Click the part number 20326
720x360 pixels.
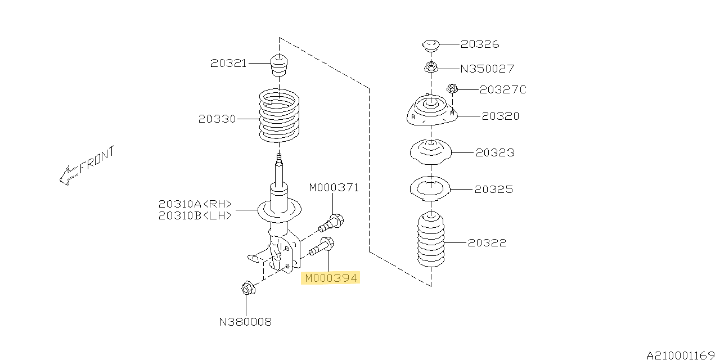pyautogui.click(x=480, y=44)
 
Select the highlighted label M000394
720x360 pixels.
pyautogui.click(x=331, y=278)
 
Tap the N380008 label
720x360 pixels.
pyautogui.click(x=245, y=322)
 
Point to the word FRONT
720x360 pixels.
pyautogui.click(x=97, y=159)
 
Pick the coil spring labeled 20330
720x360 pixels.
pyautogui.click(x=279, y=115)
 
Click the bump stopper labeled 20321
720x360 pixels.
pyautogui.click(x=279, y=66)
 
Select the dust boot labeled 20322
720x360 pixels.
pyautogui.click(x=431, y=239)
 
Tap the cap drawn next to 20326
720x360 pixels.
pyautogui.click(x=431, y=46)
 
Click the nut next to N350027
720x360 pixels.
pyautogui.click(x=431, y=67)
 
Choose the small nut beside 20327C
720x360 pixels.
pyautogui.click(x=452, y=88)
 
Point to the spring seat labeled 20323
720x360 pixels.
pyautogui.click(x=431, y=152)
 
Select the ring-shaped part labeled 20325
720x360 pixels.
pyautogui.click(x=430, y=189)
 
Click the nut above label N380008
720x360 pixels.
pyautogui.click(x=248, y=287)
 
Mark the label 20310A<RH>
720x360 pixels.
pyautogui.click(x=195, y=204)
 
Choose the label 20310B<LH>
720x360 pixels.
pyautogui.click(x=195, y=215)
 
